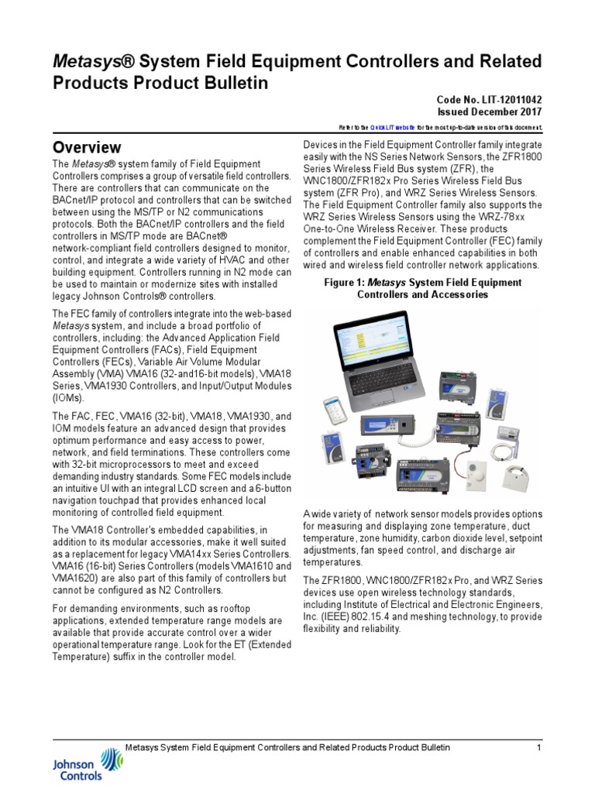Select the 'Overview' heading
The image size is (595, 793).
tap(87, 147)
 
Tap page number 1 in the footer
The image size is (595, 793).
tap(538, 747)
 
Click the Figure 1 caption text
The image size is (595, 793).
tap(422, 288)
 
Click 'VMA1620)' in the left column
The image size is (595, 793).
tap(81, 589)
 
